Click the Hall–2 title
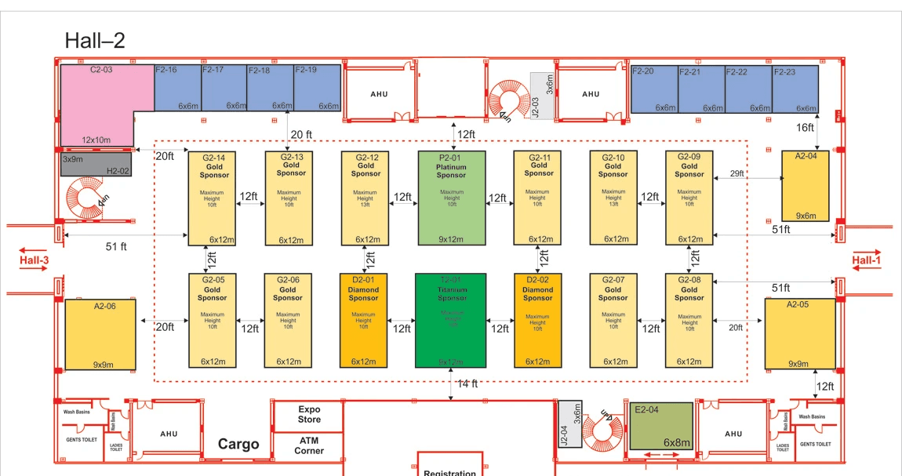[x=94, y=40]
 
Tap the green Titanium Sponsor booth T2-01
[x=451, y=321]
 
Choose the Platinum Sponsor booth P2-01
[x=452, y=198]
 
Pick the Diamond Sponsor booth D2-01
[x=364, y=321]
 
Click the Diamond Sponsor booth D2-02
[x=537, y=321]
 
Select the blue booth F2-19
[x=318, y=88]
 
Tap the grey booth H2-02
[x=96, y=165]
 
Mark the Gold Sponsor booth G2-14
[x=213, y=198]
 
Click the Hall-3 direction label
[x=35, y=260]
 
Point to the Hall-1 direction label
[x=867, y=260]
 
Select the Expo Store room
[x=308, y=415]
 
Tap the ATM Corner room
[x=308, y=445]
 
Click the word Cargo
[x=238, y=445]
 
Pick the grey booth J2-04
[x=570, y=423]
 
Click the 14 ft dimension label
[x=467, y=383]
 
